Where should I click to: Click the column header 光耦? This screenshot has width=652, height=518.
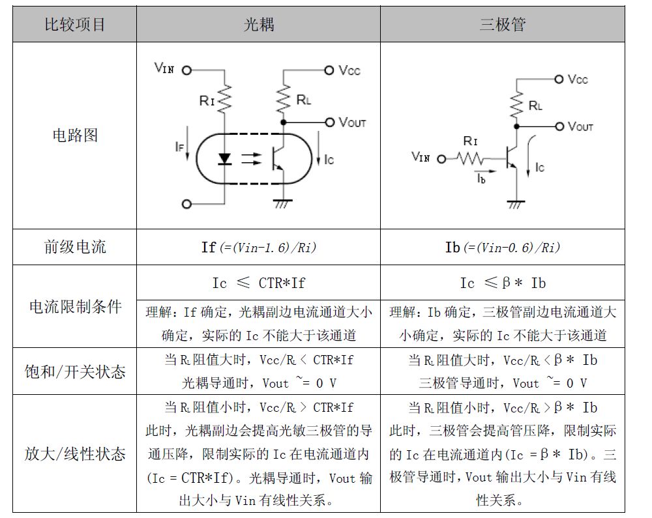click(x=259, y=25)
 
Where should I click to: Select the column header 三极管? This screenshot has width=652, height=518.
click(x=502, y=25)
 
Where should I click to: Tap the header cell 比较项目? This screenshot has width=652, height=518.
click(x=75, y=25)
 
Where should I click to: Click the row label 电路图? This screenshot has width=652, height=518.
click(x=75, y=135)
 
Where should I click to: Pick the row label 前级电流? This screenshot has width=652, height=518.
click(x=75, y=247)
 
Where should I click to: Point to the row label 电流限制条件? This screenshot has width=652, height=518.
click(x=75, y=306)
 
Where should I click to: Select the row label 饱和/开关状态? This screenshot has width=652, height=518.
click(x=75, y=371)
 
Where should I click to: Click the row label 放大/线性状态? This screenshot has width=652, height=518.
click(x=75, y=453)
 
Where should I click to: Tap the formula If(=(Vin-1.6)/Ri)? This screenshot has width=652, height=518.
click(x=259, y=248)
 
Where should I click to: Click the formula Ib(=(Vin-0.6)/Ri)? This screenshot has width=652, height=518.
click(x=502, y=248)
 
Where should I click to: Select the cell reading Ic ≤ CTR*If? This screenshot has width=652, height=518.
click(x=259, y=283)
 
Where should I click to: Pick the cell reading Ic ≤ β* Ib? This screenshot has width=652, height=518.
click(x=502, y=283)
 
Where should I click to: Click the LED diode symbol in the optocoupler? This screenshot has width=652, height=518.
click(x=224, y=159)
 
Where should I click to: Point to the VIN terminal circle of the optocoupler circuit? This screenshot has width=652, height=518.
click(x=186, y=70)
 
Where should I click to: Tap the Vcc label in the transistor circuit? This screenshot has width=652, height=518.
click(x=578, y=79)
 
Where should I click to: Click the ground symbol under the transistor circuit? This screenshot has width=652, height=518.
click(x=516, y=205)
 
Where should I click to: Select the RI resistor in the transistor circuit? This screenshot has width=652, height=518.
click(x=470, y=158)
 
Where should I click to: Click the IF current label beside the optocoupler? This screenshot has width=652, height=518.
click(x=179, y=147)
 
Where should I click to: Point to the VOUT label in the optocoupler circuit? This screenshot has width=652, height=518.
click(x=352, y=122)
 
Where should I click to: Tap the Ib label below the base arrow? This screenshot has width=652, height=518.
click(x=481, y=179)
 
